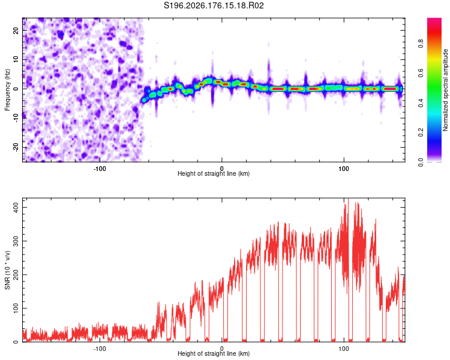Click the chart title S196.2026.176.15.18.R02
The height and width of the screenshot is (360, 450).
tap(214, 5)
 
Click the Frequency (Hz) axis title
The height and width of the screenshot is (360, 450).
tap(7, 90)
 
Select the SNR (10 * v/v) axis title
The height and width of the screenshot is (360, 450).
tap(7, 270)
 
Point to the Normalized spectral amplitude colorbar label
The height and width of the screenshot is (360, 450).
tap(445, 90)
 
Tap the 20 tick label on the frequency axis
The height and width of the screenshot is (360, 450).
tap(16, 30)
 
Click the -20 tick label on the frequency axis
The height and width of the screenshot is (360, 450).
tap(16, 147)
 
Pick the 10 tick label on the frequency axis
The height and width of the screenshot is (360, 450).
tap(16, 59)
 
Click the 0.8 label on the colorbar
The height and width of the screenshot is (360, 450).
tap(421, 44)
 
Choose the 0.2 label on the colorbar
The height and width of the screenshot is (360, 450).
tap(421, 133)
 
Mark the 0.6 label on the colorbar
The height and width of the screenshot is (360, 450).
tap(421, 73)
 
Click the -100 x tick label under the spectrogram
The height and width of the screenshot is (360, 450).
tap(99, 169)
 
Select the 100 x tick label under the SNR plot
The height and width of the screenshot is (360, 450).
tap(344, 349)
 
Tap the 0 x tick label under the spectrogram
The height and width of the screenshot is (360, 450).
tap(221, 169)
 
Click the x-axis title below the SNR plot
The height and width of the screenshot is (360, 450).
tap(214, 353)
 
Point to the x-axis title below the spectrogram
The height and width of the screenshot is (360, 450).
tap(214, 173)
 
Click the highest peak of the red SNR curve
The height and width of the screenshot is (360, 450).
tap(348, 199)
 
